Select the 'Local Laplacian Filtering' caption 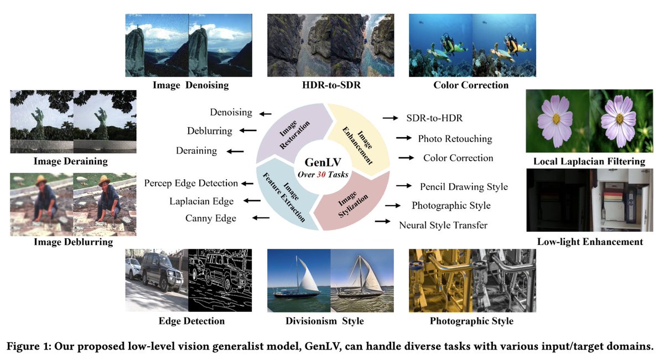(589, 161)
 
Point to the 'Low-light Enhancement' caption (590, 242)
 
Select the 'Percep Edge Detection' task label (191, 183)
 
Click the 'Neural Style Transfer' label (443, 225)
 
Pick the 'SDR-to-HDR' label (434, 118)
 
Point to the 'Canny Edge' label (211, 218)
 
